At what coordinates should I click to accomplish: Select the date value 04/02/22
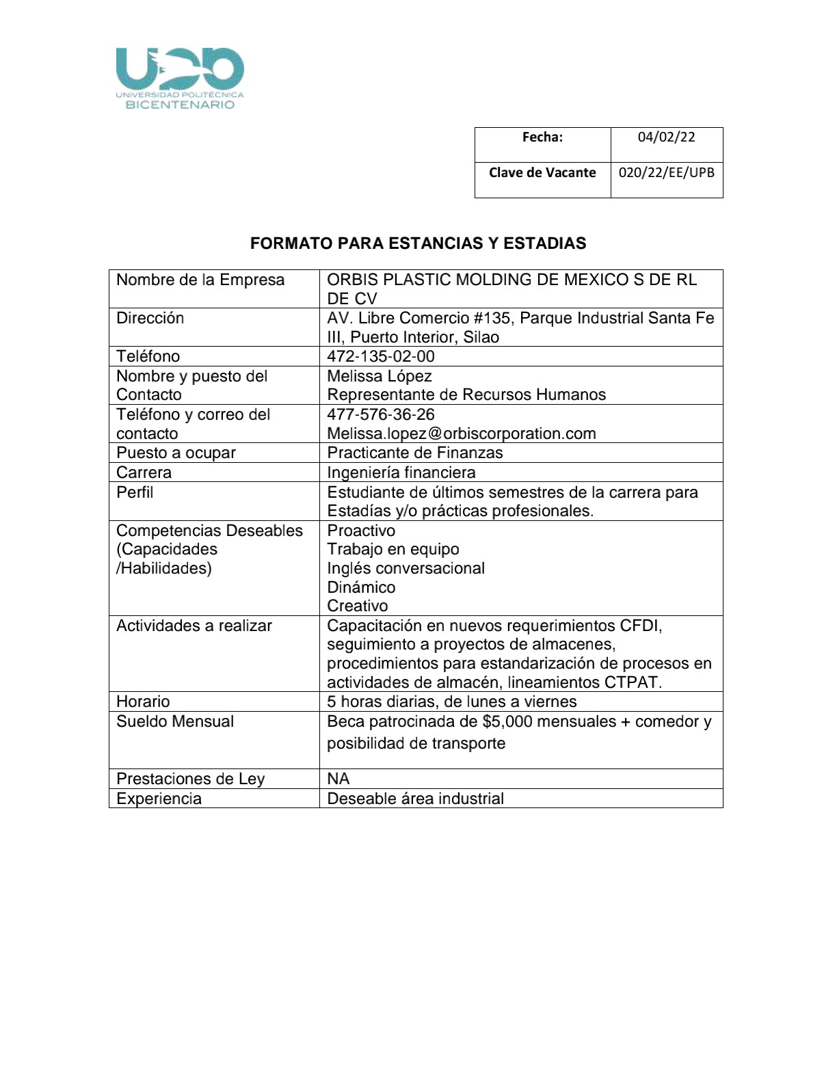[666, 137]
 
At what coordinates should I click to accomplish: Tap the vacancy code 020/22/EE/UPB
[666, 172]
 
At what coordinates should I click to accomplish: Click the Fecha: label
[542, 137]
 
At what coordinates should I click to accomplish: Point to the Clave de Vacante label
[542, 172]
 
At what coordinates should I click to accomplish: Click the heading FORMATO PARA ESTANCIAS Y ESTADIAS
[418, 243]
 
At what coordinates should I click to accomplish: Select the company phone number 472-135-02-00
[380, 356]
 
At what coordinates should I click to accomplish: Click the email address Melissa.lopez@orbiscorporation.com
[461, 433]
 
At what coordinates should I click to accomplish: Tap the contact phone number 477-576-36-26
[380, 414]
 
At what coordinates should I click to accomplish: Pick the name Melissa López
[379, 376]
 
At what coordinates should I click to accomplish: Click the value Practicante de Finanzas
[414, 453]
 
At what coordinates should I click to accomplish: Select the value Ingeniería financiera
[401, 472]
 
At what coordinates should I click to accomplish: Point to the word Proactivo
[361, 531]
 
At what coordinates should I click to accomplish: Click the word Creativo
[357, 606]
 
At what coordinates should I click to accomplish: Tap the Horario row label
[143, 701]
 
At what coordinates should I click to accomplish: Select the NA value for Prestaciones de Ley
[338, 779]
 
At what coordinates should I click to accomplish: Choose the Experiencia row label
[159, 799]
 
